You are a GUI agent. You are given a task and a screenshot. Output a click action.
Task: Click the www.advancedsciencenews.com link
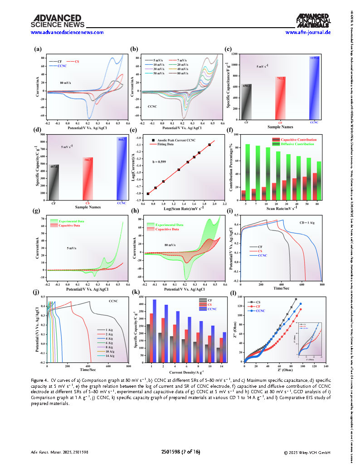click(x=67, y=32)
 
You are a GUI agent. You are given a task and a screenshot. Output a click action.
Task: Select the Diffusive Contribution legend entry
click(x=297, y=144)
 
